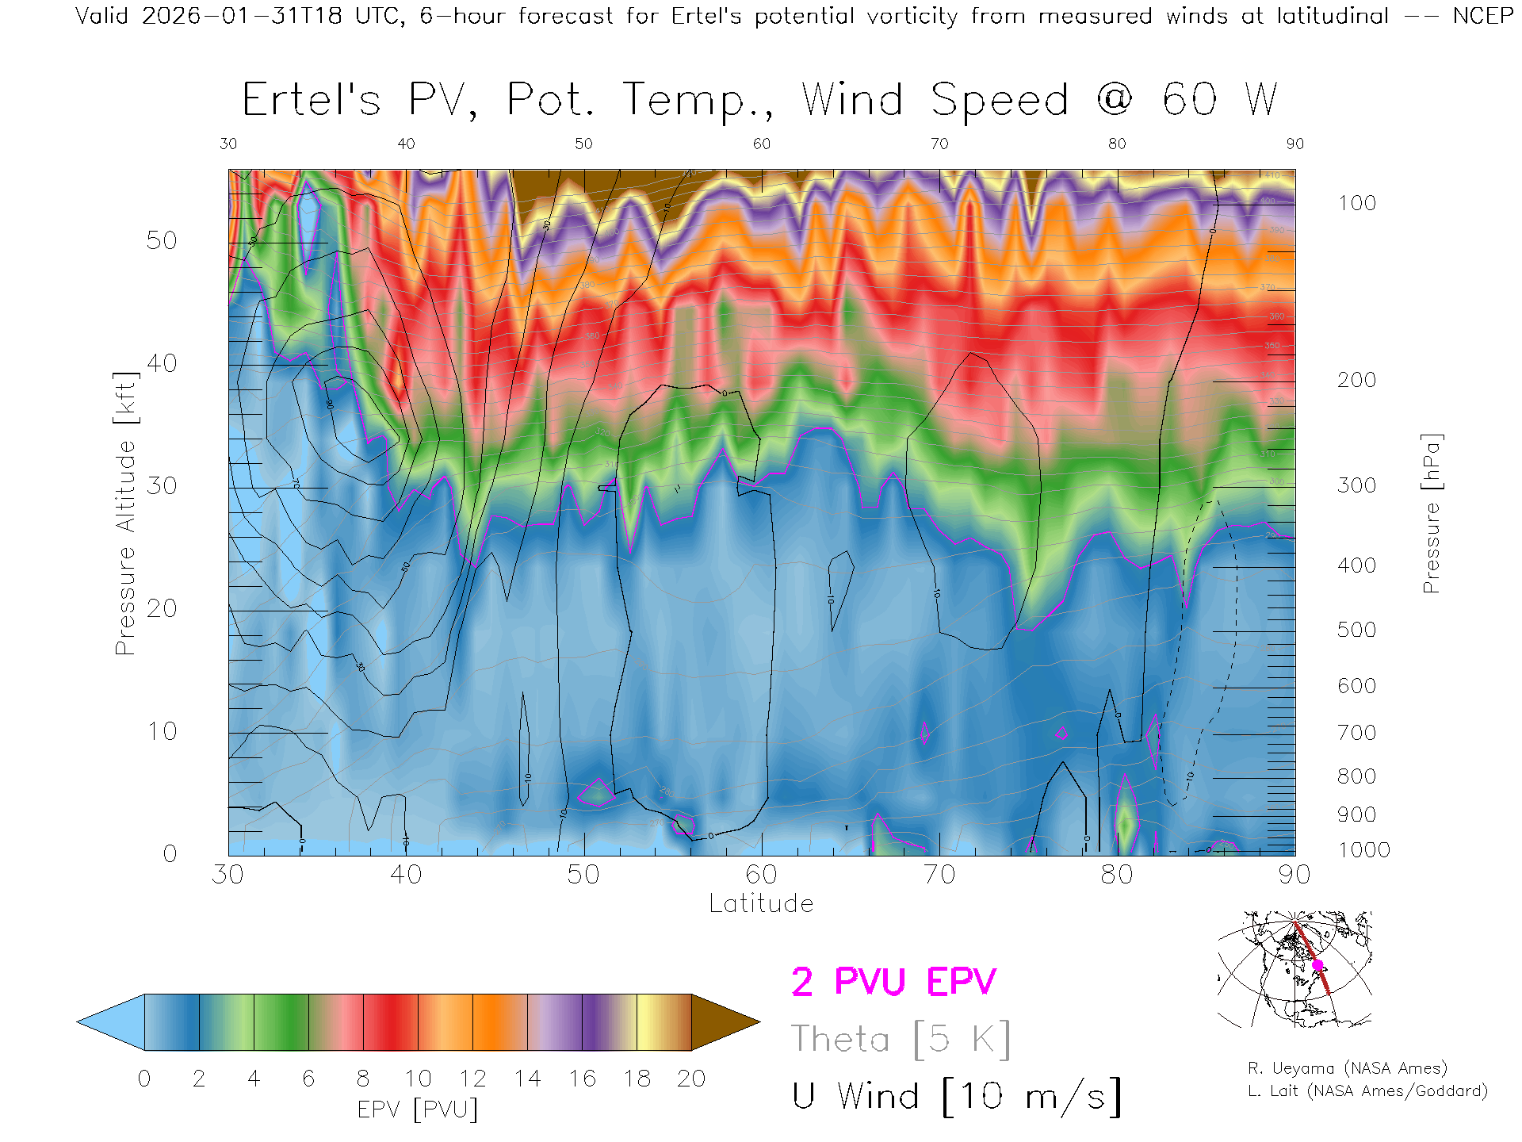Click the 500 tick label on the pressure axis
click(1356, 630)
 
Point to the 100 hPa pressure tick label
click(1356, 203)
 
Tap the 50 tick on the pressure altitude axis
click(161, 240)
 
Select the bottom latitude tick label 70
click(939, 875)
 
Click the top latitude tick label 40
click(406, 144)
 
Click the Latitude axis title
click(761, 903)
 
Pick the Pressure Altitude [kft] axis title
click(125, 513)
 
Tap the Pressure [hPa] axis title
click(1431, 513)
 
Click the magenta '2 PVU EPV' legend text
click(893, 982)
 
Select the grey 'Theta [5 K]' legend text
click(901, 1039)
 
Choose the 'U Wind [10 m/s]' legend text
click(957, 1097)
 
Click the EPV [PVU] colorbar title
click(417, 1109)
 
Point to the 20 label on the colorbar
click(691, 1079)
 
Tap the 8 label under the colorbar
click(363, 1079)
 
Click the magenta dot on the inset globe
click(1317, 965)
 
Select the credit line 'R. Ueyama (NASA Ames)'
click(1347, 1068)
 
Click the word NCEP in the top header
click(1482, 16)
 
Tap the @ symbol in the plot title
click(1115, 100)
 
